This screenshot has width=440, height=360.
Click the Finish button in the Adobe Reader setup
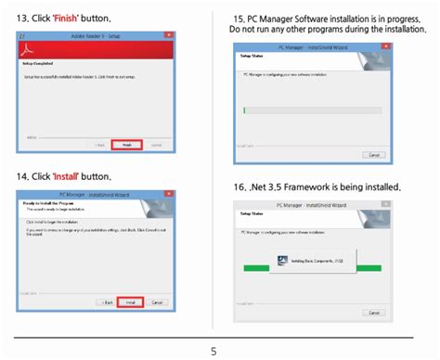pos(128,145)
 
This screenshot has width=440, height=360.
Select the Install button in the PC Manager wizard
pos(130,302)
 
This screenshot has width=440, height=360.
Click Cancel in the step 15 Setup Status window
pos(374,154)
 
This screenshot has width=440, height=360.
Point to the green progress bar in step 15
pos(244,109)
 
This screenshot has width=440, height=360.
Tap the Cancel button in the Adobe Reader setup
pos(156,145)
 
